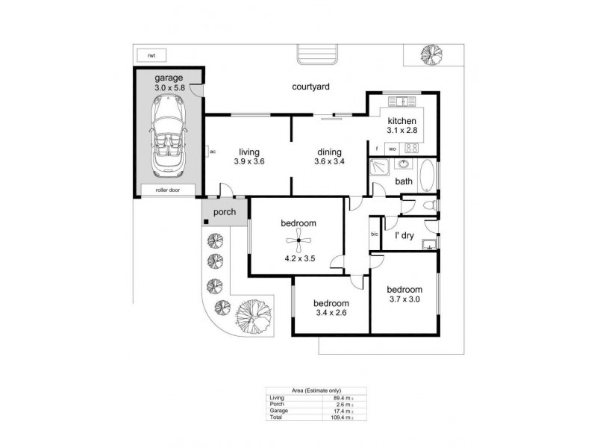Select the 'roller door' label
tap(167, 190)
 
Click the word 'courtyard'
tap(311, 87)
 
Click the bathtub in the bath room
tap(426, 177)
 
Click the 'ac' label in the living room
tap(213, 152)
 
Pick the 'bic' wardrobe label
tap(375, 235)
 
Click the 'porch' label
tap(225, 212)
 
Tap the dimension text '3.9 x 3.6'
tap(249, 161)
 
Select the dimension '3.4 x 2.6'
tap(331, 314)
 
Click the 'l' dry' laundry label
tap(404, 235)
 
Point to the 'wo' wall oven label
tap(392, 149)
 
